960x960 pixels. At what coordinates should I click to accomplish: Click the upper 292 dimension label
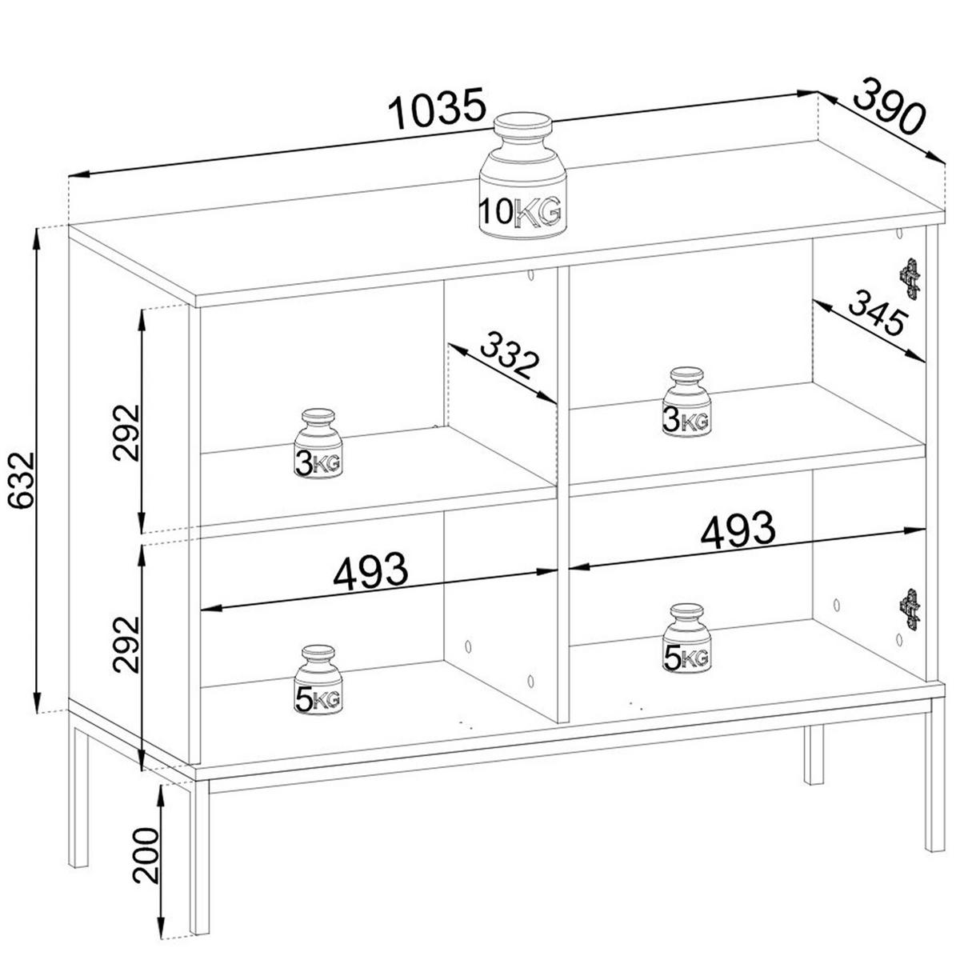point(126,432)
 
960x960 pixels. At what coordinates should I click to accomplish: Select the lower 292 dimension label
point(126,646)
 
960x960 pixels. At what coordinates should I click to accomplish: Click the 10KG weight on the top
point(522,176)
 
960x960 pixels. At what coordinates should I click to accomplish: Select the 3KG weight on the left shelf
point(318,444)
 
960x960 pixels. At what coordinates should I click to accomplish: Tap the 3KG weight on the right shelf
point(687,402)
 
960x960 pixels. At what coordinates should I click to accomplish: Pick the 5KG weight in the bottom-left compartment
point(318,681)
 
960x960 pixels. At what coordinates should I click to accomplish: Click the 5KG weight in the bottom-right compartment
point(687,638)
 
